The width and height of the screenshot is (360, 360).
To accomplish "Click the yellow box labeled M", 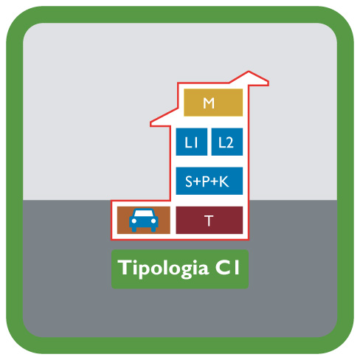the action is pos(213,103).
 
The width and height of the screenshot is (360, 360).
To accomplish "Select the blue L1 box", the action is pos(192,142).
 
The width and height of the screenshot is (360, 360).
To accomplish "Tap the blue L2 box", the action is pos(227,142).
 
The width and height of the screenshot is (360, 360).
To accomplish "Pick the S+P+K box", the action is pos(210,181).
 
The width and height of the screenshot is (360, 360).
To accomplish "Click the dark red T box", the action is pos(210,220).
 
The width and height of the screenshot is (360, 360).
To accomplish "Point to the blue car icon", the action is pos(144,220).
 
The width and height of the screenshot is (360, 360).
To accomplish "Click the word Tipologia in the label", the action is pos(163,269).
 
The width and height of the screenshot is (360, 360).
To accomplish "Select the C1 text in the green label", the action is pos(227,268).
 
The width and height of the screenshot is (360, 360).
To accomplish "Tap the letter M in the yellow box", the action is pos(209,103).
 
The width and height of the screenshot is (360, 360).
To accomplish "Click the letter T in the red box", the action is pos(209,221).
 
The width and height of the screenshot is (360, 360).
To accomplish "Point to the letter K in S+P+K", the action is pos(224,181).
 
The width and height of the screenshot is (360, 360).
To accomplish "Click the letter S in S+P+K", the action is pos(189,181).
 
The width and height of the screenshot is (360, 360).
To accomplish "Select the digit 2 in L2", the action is pos(229,142).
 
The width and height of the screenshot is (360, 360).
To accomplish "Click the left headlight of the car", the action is pos(134,221).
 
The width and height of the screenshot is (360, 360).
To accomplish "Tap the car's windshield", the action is pos(144,213).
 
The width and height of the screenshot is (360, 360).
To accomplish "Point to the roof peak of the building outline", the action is pos(249,72).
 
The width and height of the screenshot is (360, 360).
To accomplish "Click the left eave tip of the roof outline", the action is pos(150,124).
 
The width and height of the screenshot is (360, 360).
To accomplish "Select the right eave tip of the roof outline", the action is pos(268,83).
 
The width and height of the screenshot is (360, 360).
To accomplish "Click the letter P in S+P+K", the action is pos(205,181).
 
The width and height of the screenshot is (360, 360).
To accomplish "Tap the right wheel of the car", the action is pos(153,229).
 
